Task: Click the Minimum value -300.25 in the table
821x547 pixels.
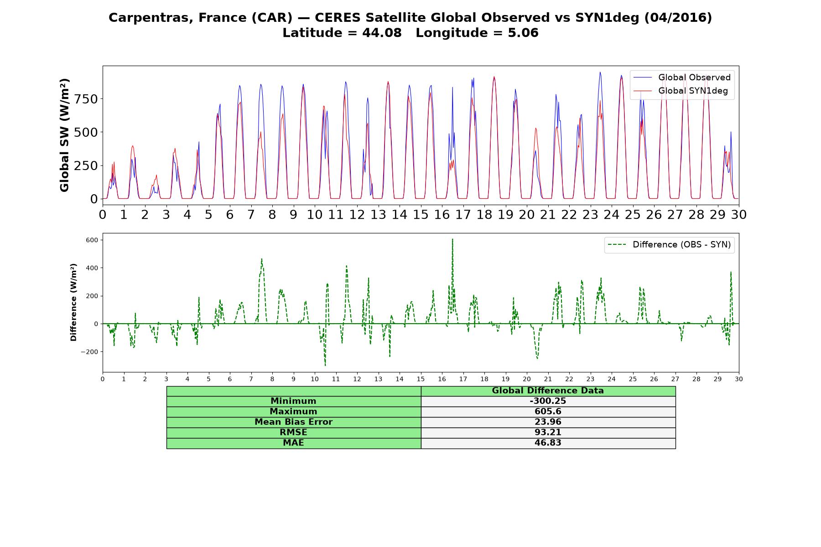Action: click(548, 401)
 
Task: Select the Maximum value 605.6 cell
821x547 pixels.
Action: click(548, 412)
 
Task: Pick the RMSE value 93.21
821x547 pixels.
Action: click(548, 433)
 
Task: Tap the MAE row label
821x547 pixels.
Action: click(293, 443)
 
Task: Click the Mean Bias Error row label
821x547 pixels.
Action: click(293, 422)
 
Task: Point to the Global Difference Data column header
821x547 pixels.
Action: click(548, 391)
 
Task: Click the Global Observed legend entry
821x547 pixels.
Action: click(682, 77)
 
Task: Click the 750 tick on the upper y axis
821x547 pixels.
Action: click(87, 99)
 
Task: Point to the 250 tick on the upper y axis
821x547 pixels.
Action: click(87, 165)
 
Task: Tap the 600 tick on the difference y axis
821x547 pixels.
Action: click(93, 240)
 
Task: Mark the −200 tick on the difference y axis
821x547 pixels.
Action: click(90, 352)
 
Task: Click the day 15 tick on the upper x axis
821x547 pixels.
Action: click(421, 215)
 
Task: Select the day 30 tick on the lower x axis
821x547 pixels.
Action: click(739, 379)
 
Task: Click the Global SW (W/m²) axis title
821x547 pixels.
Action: click(65, 135)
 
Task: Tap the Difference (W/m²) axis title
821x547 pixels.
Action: click(73, 302)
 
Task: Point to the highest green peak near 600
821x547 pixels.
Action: click(452, 239)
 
